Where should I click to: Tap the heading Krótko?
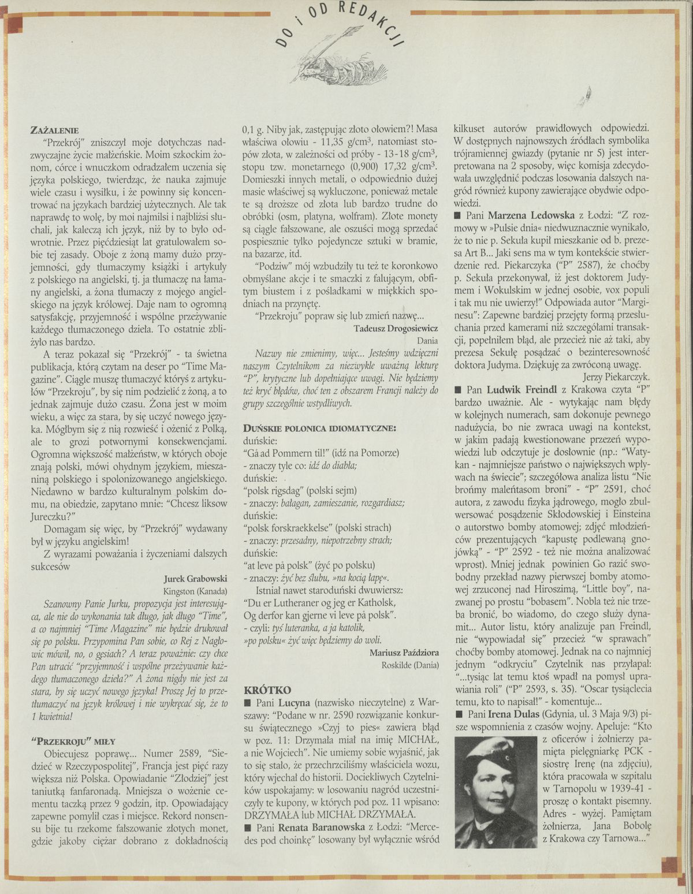click(x=267, y=690)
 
